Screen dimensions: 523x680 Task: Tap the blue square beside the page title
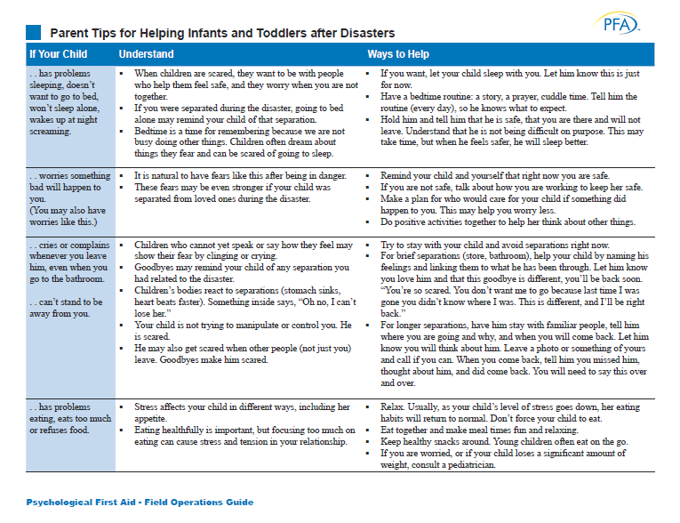click(33, 32)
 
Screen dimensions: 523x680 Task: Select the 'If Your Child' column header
click(58, 54)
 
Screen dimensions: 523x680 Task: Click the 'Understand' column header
click(146, 54)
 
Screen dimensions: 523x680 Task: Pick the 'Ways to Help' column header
click(399, 54)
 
